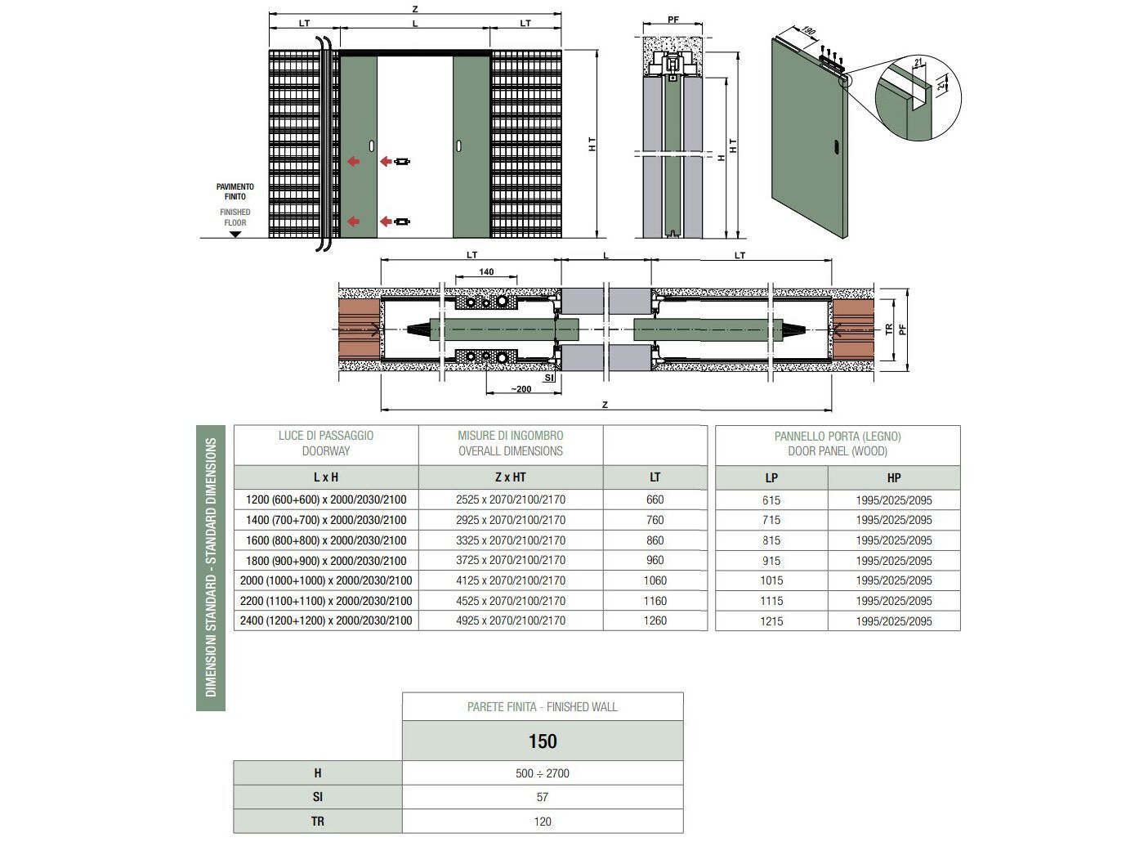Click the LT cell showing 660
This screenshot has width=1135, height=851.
[655, 499]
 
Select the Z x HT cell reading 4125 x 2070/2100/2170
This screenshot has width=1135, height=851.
[511, 580]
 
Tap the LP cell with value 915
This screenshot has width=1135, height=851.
[771, 561]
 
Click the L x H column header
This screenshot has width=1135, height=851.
[326, 477]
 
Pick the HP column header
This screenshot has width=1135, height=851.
[894, 478]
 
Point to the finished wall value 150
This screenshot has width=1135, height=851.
[543, 741]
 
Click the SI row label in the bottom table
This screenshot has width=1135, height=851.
[318, 797]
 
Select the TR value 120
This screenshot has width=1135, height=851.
[543, 822]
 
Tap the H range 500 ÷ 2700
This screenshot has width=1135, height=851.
[543, 773]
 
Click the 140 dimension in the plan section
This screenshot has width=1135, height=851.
[486, 272]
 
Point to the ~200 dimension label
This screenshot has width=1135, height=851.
[521, 389]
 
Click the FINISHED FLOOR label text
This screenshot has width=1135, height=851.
[235, 217]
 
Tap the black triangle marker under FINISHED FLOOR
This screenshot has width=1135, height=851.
[235, 234]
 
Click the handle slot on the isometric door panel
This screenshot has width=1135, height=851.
[838, 148]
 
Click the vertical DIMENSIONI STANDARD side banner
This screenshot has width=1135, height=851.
[211, 567]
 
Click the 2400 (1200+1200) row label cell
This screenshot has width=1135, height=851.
[326, 620]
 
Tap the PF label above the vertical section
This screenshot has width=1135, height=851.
[673, 20]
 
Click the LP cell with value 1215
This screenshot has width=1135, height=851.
[771, 621]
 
